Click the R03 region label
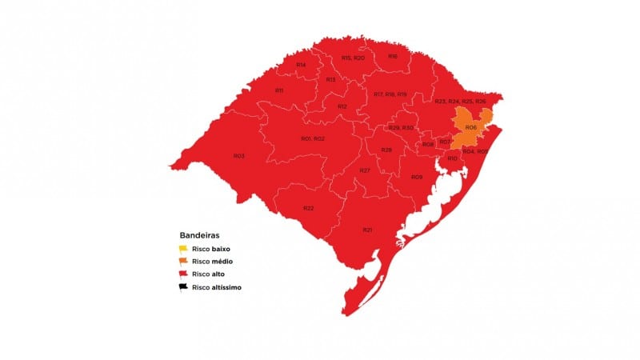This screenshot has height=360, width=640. [238, 155]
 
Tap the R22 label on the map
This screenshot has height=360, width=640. [308, 208]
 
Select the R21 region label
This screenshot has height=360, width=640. [367, 230]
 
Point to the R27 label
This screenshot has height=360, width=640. [364, 171]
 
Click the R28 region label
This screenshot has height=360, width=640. [386, 150]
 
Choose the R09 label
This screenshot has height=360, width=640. [416, 176]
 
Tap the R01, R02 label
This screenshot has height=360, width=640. [313, 139]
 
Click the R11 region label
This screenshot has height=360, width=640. [279, 90]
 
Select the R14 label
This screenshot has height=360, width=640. [301, 65]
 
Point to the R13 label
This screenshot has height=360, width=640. [330, 80]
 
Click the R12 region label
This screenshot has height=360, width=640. [342, 106]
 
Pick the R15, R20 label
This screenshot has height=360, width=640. [353, 58]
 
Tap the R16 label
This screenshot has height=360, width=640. [393, 56]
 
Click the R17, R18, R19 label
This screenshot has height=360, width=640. [390, 94]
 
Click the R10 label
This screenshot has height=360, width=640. [452, 158]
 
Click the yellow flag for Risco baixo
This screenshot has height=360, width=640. [183, 249]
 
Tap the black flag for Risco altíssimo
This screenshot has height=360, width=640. [183, 286]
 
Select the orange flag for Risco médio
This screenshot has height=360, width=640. [183, 262]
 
